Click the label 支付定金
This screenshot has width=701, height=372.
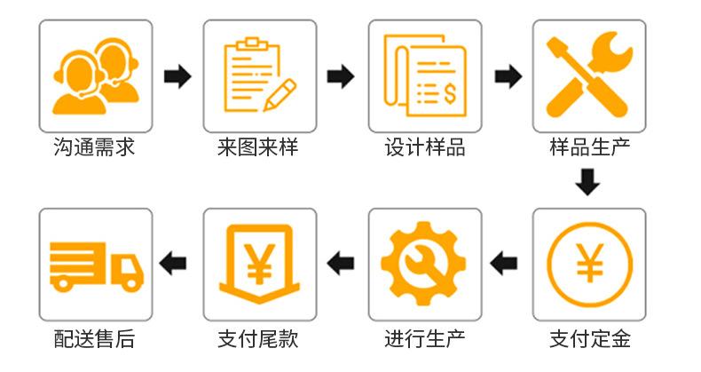(588, 338)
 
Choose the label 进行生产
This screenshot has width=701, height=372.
(423, 338)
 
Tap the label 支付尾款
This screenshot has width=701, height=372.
(258, 338)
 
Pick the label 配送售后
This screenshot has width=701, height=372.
(94, 338)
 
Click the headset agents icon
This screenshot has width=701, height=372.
(95, 75)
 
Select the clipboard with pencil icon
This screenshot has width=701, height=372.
(259, 75)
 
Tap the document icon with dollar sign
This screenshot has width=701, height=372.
(424, 75)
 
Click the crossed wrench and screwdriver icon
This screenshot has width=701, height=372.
(588, 75)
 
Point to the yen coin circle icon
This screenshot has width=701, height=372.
(588, 264)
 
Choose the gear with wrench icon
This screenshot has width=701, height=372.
(424, 264)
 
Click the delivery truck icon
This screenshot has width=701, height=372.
(95, 264)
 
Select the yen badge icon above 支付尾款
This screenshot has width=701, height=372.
(259, 264)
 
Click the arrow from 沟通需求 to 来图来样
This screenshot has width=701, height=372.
(177, 76)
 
